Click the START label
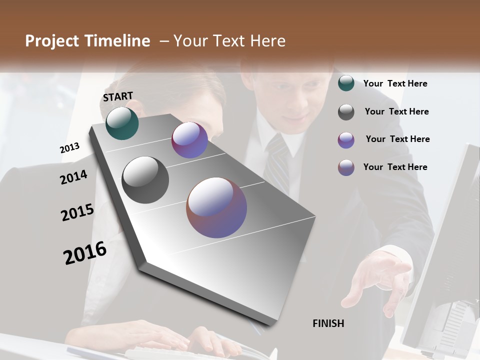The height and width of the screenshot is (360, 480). click(x=118, y=96)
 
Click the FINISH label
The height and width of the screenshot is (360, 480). click(x=328, y=323)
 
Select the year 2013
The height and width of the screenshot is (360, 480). click(x=69, y=148)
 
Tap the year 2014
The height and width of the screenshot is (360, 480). click(x=73, y=177)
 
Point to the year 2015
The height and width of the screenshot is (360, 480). click(x=77, y=212)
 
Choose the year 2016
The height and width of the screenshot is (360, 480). click(x=85, y=253)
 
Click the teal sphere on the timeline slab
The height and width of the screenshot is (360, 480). click(x=122, y=123)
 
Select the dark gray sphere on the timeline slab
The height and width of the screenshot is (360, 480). click(x=145, y=180)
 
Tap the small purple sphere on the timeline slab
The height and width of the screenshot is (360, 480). click(x=189, y=140)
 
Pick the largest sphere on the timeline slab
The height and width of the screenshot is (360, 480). click(x=216, y=207)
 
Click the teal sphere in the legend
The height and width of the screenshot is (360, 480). click(x=346, y=83)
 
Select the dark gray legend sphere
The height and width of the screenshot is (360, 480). click(x=346, y=112)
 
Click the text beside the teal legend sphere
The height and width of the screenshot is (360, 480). click(x=395, y=83)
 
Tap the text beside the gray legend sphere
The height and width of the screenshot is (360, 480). click(x=396, y=111)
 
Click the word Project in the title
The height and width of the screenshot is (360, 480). click(x=52, y=41)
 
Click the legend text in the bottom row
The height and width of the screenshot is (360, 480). click(x=395, y=167)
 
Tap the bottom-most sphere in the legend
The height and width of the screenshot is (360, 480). click(x=346, y=168)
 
